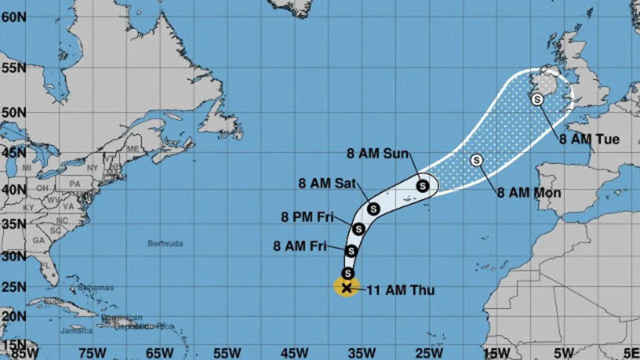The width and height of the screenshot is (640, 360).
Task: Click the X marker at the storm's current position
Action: pos(346,287)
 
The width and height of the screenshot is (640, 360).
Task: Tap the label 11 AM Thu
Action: pos(400,290)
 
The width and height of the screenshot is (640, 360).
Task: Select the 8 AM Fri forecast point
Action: pos(351,251)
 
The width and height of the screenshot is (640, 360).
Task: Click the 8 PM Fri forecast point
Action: pos(358,229)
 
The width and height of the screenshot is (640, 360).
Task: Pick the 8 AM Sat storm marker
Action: pos(373,209)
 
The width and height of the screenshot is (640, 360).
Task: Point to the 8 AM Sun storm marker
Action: pos(423,186)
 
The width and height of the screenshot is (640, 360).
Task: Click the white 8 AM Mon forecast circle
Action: pos(477,160)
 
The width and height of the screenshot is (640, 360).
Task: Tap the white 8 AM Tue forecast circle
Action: pos(537,99)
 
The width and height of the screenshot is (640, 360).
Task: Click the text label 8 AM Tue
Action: pos(589,139)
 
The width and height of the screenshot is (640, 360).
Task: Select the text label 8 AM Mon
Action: pos(528,193)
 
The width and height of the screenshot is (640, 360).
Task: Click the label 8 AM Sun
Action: pos(377,153)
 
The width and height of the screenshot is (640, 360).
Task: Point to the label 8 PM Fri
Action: pos(307,217)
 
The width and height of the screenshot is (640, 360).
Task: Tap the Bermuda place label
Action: pos(165,243)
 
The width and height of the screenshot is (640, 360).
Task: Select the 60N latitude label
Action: pos(13,17)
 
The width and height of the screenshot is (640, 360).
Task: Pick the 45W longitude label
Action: pos(294,352)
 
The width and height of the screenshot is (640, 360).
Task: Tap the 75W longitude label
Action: pos(92,352)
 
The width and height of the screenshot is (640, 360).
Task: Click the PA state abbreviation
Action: pos(74,184)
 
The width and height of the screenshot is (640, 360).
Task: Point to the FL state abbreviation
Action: pos(46,265)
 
